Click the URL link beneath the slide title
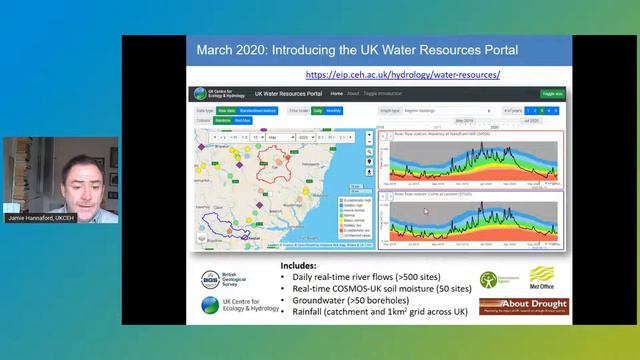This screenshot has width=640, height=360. (402, 75)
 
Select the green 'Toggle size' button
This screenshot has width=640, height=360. (553, 93)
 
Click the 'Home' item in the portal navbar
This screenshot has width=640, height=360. (337, 93)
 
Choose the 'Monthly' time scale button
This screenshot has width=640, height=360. (334, 110)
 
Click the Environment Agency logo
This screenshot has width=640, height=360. (490, 281)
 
